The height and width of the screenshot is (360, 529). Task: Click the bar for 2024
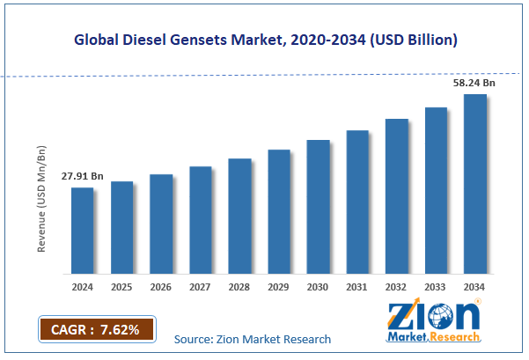point(82,230)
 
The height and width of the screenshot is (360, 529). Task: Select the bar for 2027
point(200,219)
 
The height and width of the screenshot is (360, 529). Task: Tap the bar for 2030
point(318,206)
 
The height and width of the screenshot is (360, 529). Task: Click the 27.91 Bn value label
point(82,177)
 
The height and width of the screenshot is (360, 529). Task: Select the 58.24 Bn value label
point(474,83)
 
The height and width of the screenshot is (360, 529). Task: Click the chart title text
point(264,40)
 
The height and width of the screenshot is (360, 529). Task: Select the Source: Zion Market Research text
point(252,339)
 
